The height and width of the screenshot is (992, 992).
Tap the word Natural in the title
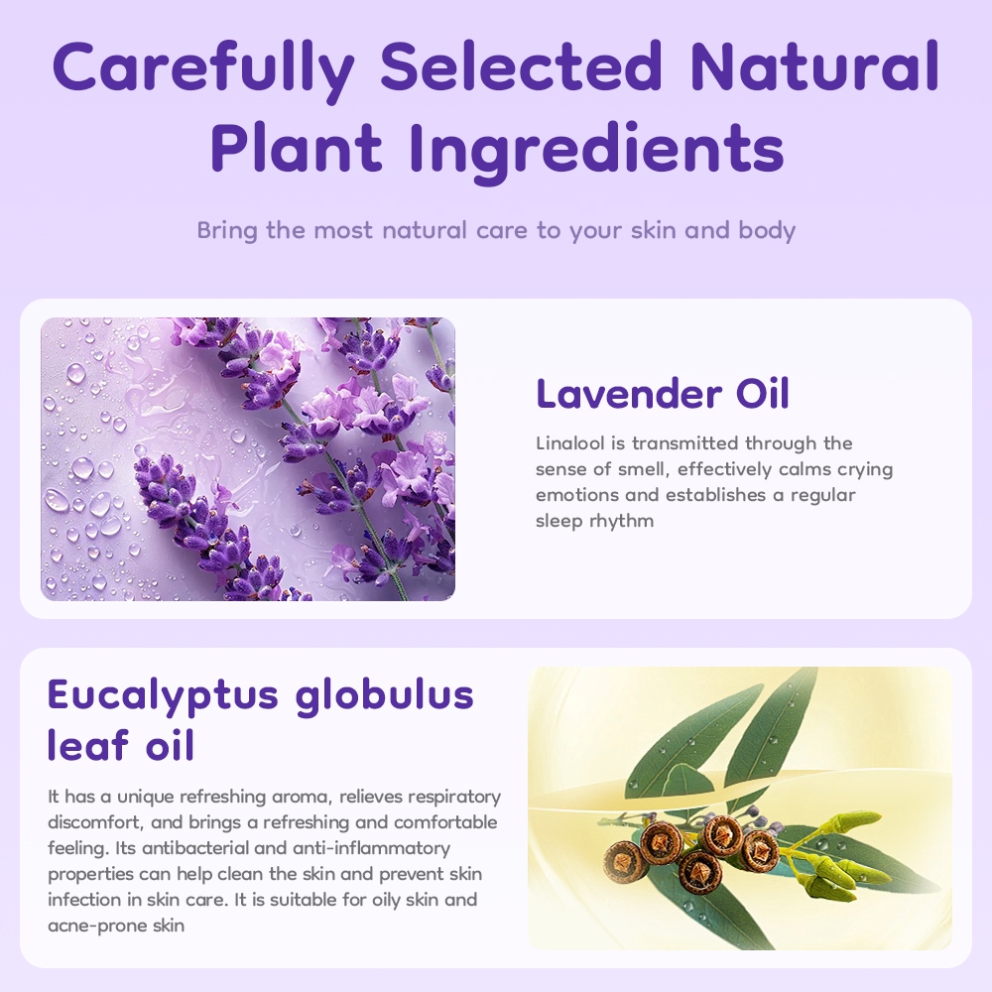[x=814, y=66]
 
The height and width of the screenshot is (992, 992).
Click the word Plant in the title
[x=296, y=148]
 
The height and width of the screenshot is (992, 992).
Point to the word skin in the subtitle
[x=654, y=230]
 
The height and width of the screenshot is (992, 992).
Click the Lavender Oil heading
[x=663, y=394]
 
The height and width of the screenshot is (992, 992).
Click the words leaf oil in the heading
[x=121, y=744]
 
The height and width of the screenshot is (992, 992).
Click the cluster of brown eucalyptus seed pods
[x=692, y=851]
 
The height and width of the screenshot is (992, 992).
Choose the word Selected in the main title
[x=522, y=66]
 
